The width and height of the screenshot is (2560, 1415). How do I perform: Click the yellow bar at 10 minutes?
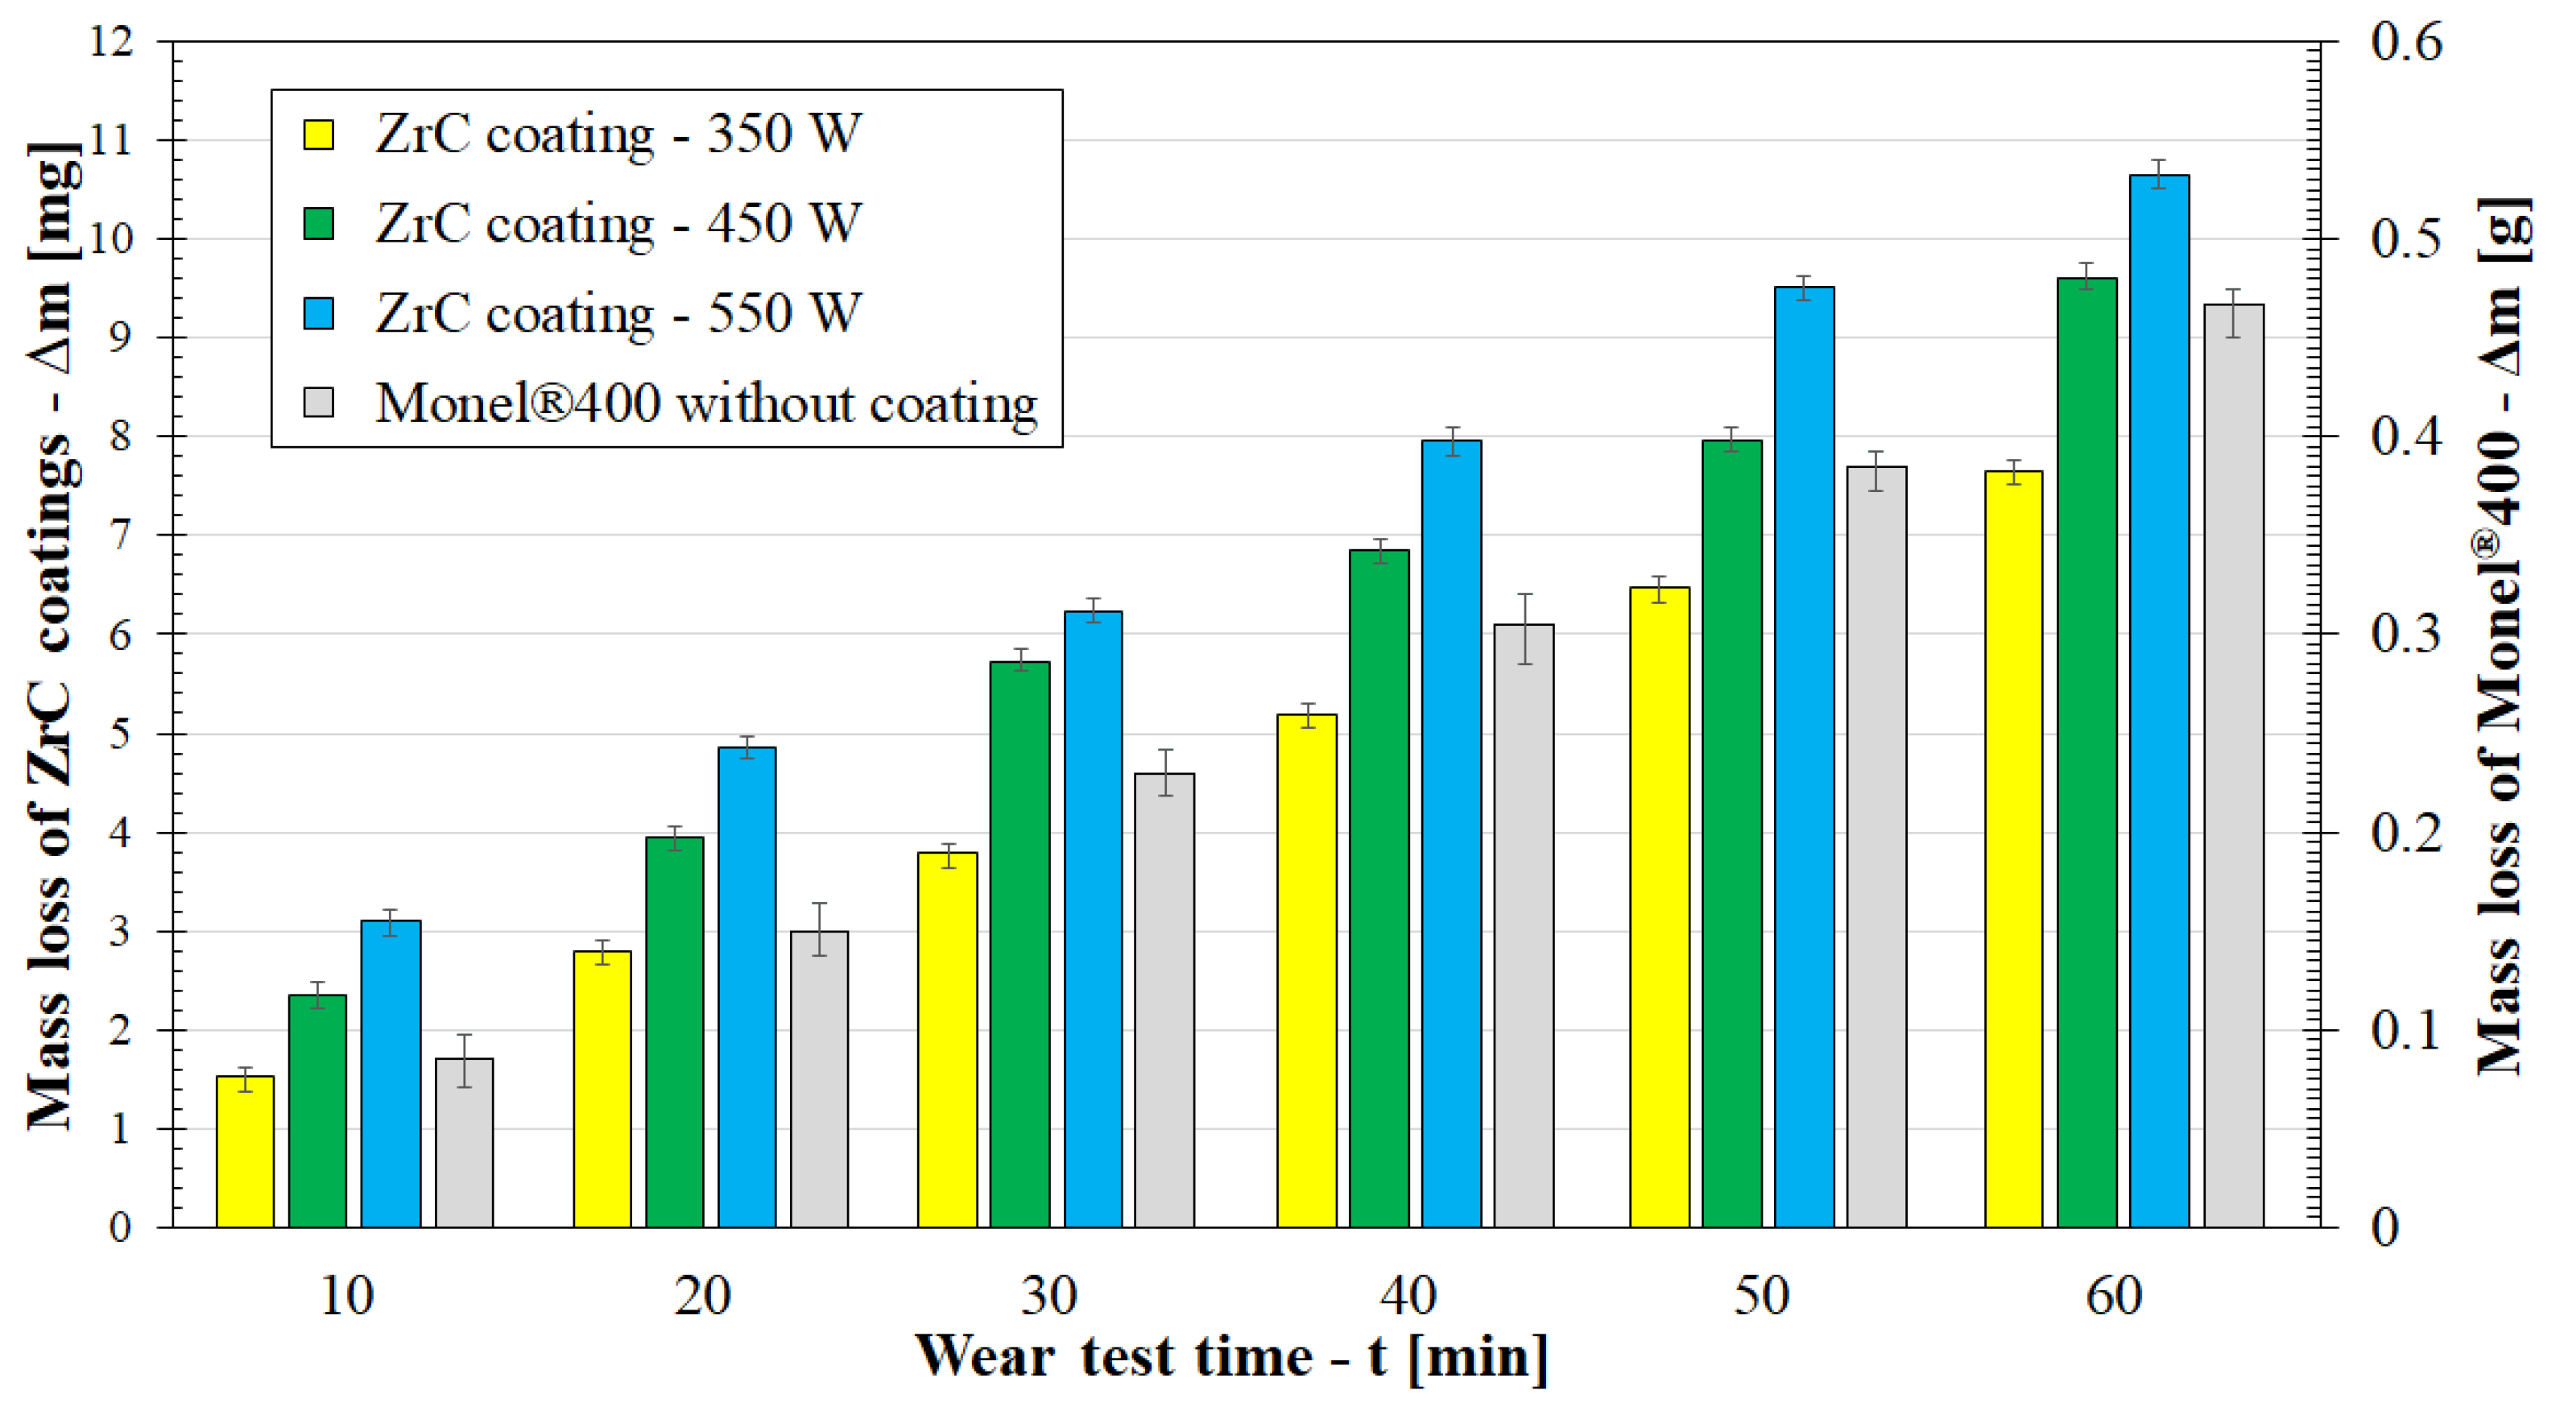pos(245,1152)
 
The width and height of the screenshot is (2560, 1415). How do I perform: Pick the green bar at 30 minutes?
pos(1019,944)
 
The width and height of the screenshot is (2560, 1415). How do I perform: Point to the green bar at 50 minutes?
pos(1731,834)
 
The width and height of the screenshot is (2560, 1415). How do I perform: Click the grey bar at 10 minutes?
pos(464,1143)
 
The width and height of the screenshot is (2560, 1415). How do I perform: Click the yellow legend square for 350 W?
pos(318,134)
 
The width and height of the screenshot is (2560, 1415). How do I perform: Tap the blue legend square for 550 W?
pos(318,313)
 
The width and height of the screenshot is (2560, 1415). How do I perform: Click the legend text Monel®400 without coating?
pos(705,403)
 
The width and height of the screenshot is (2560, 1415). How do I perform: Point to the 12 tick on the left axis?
pos(110,42)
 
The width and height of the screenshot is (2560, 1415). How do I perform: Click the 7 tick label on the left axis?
pos(118,536)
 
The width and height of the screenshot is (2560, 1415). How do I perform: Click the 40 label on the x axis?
pos(1407,1296)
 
